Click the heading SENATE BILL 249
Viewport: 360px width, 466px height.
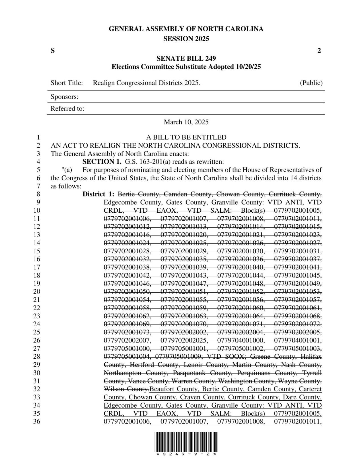click(x=186, y=59)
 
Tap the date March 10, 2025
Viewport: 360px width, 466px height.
click(x=186, y=122)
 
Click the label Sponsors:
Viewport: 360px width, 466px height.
click(x=64, y=97)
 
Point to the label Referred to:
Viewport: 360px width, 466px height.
click(x=67, y=109)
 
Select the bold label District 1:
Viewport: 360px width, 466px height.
click(x=98, y=194)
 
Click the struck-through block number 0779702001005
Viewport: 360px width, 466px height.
click(x=298, y=211)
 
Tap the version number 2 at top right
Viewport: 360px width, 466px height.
click(x=319, y=51)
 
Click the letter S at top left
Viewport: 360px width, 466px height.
click(x=53, y=51)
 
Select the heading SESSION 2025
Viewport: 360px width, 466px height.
click(x=186, y=39)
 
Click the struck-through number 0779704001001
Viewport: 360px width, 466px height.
click(x=298, y=340)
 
